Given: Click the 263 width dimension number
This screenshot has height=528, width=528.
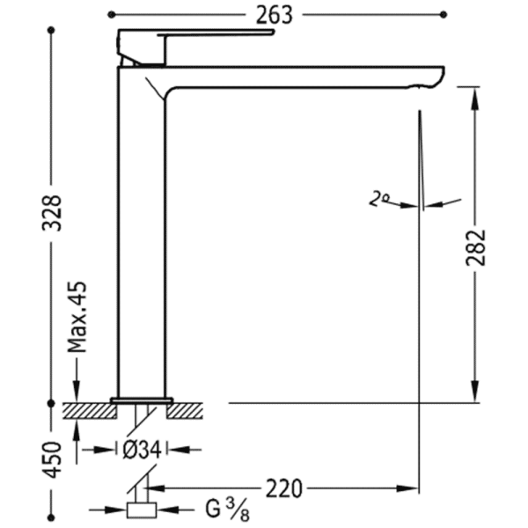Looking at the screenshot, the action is (x=274, y=16).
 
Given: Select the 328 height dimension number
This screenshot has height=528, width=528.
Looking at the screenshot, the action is (x=52, y=213).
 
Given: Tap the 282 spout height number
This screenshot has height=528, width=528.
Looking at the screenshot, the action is (x=475, y=247).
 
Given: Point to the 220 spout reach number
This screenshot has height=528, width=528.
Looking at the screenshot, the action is (x=284, y=488).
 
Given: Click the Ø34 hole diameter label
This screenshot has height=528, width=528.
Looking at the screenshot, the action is (x=142, y=450).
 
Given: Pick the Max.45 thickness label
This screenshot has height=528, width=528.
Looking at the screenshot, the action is (x=77, y=317).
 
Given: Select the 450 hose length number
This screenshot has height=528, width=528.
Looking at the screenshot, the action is (x=52, y=459).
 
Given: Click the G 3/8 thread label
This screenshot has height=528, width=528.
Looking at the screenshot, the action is (x=228, y=509).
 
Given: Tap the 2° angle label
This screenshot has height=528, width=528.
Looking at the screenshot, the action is (x=378, y=198).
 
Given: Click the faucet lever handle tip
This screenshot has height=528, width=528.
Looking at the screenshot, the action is (x=274, y=32).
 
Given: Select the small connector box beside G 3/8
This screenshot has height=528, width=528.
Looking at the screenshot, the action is (x=142, y=510).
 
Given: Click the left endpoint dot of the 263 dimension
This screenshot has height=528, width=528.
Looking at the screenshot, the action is (x=112, y=14).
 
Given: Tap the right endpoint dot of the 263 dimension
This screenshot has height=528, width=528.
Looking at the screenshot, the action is (x=444, y=14).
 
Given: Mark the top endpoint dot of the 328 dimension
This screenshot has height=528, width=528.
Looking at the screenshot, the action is (x=51, y=30).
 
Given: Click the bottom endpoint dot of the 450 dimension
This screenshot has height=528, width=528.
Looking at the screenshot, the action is (x=51, y=517).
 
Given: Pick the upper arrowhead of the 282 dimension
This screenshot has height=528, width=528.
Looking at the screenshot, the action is (x=475, y=99).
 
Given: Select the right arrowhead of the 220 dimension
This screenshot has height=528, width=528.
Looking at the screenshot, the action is (x=407, y=488).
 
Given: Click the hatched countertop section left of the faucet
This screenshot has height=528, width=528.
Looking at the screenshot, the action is (x=90, y=411).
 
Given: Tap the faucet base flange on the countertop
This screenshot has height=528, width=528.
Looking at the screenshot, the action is (x=142, y=400).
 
